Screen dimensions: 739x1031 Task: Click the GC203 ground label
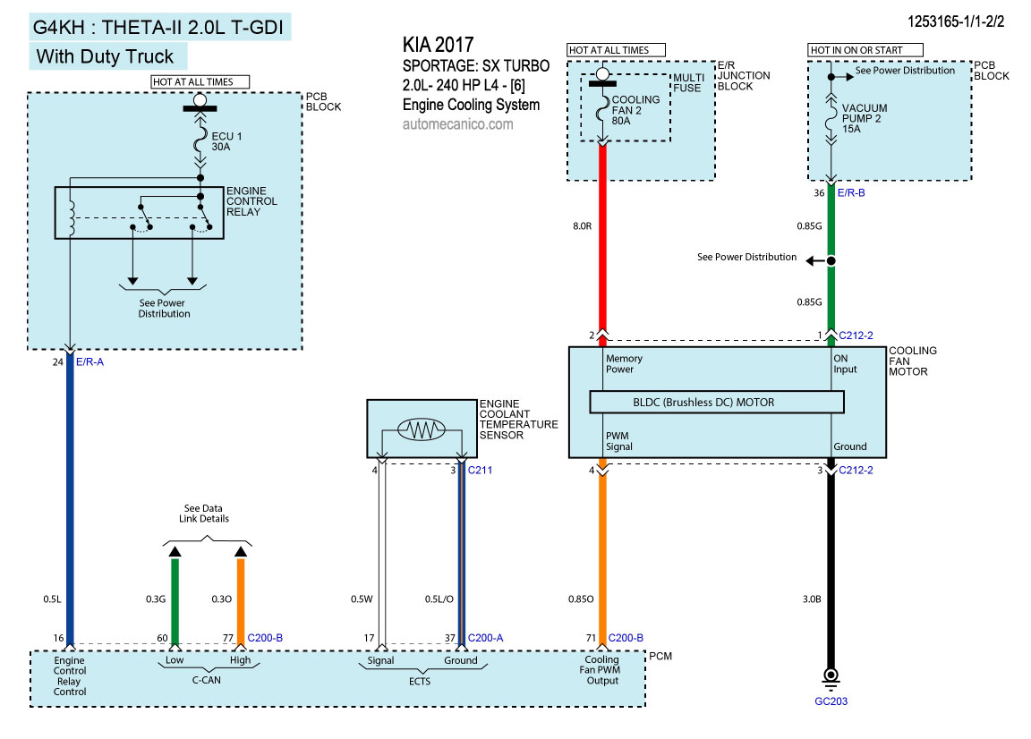coord(831,701)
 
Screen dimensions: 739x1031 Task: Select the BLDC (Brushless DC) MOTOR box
coord(716,402)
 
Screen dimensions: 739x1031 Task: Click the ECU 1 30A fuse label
coord(226,141)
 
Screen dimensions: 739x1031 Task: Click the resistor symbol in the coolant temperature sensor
coord(422,431)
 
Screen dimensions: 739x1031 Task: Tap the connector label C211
coord(480,469)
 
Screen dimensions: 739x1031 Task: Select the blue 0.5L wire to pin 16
coord(70,501)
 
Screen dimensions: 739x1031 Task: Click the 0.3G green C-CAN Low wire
coord(175,595)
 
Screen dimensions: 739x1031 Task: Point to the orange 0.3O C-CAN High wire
coord(241,595)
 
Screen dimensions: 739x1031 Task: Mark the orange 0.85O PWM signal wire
coord(602,555)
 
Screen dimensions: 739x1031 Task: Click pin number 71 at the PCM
coord(591,637)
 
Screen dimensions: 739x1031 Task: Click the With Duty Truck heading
coord(105,57)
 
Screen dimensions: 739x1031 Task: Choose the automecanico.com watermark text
coord(458,124)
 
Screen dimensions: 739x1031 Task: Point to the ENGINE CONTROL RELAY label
coord(251,201)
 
